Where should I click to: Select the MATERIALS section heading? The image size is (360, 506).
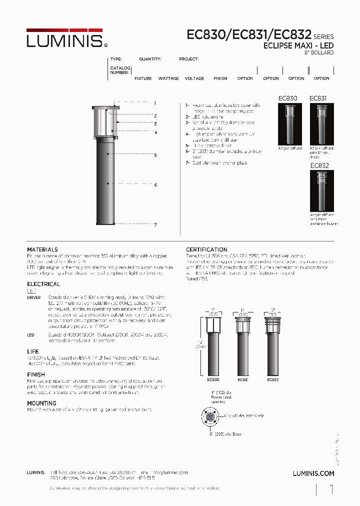coord(42,249)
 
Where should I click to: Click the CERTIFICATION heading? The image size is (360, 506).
coord(206,249)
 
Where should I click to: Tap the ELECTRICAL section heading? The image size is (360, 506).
coord(43,284)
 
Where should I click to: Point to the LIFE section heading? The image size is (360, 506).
coord(32,352)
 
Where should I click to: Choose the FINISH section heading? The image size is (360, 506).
coord(35,374)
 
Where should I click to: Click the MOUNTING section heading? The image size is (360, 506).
coord(41,403)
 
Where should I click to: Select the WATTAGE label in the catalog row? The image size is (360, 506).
coord(168,78)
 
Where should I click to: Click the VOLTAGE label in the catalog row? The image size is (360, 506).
coord(194,78)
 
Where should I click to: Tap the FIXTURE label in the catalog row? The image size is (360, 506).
coord(143,78)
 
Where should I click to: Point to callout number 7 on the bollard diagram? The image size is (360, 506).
coord(155,225)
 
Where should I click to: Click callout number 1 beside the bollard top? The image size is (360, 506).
coord(155,103)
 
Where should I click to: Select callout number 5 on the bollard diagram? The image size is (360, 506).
coord(155,155)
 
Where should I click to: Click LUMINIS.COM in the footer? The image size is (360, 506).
coord(313,473)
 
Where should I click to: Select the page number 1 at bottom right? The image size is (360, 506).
coord(331,490)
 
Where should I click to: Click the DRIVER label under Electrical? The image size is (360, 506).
coord(34,297)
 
